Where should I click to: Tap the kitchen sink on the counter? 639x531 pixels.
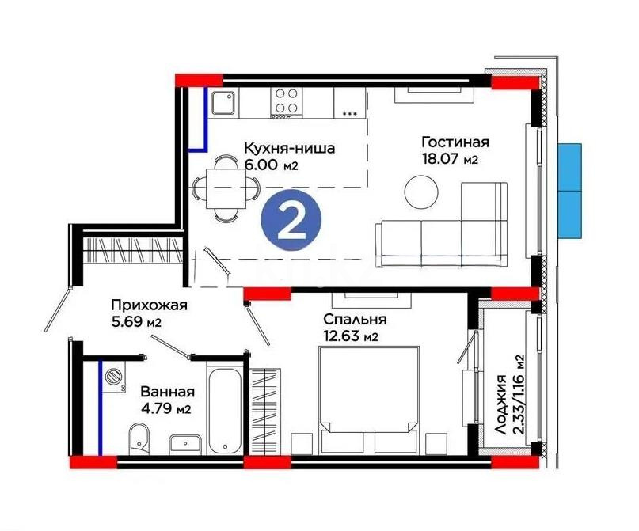pyautogui.click(x=222, y=102)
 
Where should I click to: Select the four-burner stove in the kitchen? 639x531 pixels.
pyautogui.click(x=286, y=102)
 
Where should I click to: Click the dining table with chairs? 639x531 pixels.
pyautogui.click(x=226, y=188)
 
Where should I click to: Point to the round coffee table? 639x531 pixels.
pyautogui.click(x=420, y=190)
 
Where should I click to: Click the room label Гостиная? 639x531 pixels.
pyautogui.click(x=455, y=142)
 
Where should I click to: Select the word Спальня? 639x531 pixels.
pyautogui.click(x=354, y=320)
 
